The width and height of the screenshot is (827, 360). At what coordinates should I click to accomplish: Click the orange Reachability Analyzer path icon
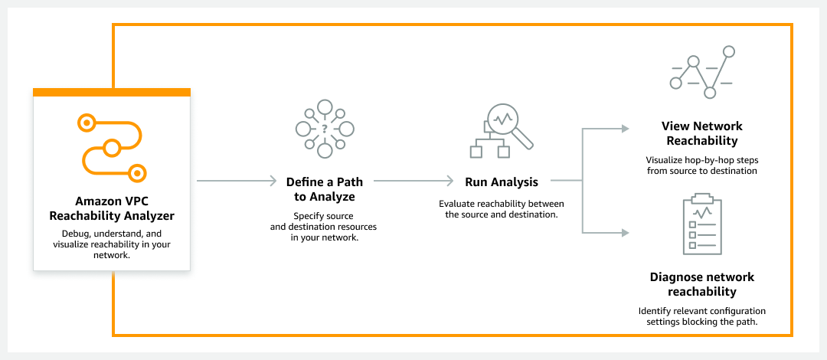click(x=112, y=146)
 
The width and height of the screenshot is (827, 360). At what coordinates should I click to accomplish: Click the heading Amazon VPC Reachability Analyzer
click(x=112, y=209)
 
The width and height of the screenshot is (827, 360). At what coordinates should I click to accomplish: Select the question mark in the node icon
click(x=325, y=128)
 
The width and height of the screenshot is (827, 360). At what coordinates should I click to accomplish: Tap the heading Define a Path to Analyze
click(x=325, y=189)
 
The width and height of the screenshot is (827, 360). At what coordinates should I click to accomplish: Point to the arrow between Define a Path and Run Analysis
click(x=413, y=182)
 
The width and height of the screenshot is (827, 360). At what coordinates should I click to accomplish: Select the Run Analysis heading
click(x=502, y=182)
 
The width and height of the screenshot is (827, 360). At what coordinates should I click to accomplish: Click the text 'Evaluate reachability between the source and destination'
click(x=502, y=209)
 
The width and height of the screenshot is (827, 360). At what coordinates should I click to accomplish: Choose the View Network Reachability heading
click(x=702, y=133)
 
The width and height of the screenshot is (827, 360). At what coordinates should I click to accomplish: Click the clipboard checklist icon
click(x=702, y=225)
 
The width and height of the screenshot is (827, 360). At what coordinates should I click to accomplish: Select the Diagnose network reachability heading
click(x=702, y=284)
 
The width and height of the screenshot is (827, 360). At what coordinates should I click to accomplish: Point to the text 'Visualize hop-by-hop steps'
click(x=702, y=160)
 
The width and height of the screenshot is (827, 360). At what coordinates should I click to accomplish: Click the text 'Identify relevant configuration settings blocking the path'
click(x=702, y=316)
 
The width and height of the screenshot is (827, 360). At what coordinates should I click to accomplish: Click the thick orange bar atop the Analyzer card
click(x=112, y=93)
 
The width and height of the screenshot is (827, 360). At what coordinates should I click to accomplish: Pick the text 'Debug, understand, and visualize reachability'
click(x=112, y=244)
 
